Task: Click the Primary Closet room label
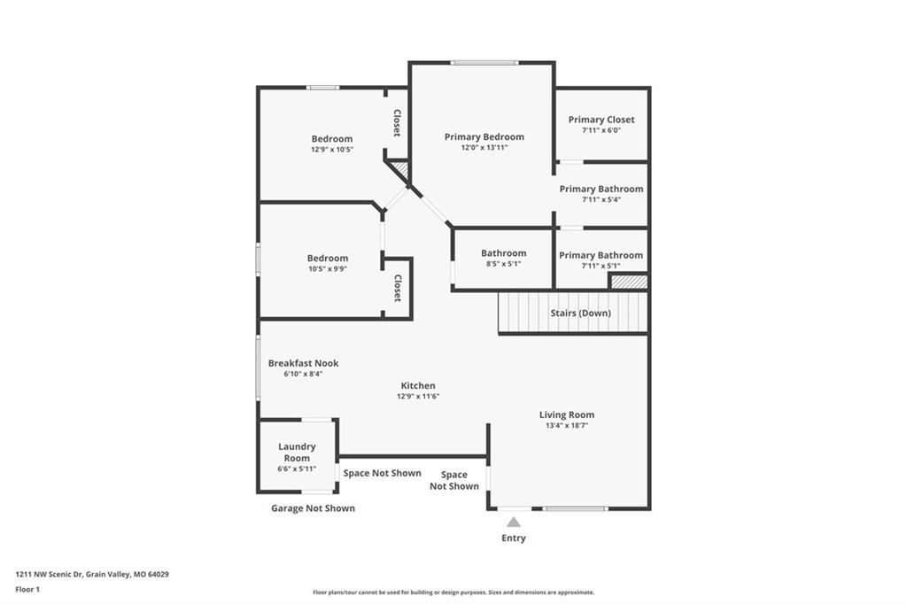(x=601, y=120)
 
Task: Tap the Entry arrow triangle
(x=514, y=523)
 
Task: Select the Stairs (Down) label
(x=580, y=313)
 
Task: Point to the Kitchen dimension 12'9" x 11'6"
(x=418, y=396)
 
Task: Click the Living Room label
(x=566, y=414)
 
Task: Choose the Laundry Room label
(x=297, y=452)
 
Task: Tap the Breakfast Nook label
(x=303, y=363)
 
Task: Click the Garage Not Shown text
(x=313, y=508)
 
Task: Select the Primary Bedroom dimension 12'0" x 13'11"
(x=485, y=148)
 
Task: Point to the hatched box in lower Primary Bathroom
(x=630, y=282)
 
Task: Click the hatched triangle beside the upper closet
(x=401, y=169)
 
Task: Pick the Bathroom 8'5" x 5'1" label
(x=504, y=258)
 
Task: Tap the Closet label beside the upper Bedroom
(x=397, y=122)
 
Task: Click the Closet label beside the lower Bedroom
(x=398, y=288)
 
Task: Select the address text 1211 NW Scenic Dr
(x=50, y=575)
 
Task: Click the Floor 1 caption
(x=27, y=590)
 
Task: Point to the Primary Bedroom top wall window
(x=485, y=63)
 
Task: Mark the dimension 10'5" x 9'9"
(x=328, y=268)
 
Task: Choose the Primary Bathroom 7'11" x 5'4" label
(x=601, y=194)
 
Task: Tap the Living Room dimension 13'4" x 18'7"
(x=566, y=425)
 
